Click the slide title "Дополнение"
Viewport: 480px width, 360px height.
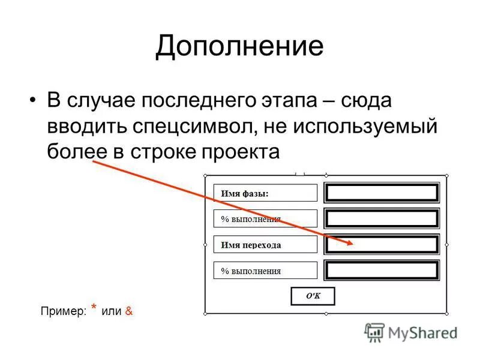[x=239, y=47]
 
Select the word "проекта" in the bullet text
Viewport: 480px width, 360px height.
[x=243, y=152]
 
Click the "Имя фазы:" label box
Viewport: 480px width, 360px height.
[x=265, y=193]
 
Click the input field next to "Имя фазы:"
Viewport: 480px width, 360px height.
[x=382, y=193]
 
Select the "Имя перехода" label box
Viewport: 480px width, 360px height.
[x=265, y=245]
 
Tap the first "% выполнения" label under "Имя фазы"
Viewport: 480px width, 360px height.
[x=265, y=219]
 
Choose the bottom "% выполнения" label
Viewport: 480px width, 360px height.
[x=265, y=271]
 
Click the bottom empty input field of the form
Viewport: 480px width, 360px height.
[x=382, y=271]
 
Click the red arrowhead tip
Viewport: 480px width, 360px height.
[x=353, y=243]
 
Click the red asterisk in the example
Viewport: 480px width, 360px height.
[x=94, y=308]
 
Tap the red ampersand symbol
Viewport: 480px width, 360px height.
[x=129, y=311]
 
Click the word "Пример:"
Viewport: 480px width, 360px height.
[x=63, y=311]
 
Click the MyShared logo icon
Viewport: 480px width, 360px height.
[x=374, y=332]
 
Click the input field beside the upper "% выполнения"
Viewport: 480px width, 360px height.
[x=382, y=218]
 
